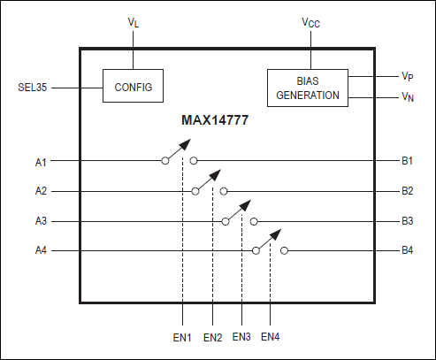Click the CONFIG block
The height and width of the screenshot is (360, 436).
click(x=133, y=88)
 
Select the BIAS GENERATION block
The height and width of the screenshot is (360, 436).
click(x=308, y=88)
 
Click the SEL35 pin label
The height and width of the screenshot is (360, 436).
click(x=33, y=88)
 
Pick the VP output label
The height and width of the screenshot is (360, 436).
click(x=408, y=77)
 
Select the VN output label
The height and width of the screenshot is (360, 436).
click(x=408, y=97)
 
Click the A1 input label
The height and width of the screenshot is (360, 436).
click(x=41, y=161)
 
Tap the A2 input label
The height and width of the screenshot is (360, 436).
click(x=41, y=190)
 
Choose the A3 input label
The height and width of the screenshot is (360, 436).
click(x=41, y=221)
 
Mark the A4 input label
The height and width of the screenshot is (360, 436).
click(x=41, y=250)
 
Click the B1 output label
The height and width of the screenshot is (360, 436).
click(x=407, y=161)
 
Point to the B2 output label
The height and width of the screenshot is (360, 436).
click(x=407, y=190)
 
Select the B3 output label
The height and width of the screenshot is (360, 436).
click(x=407, y=221)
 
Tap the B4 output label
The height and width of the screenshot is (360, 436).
click(x=407, y=250)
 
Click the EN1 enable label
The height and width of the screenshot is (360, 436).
click(x=182, y=337)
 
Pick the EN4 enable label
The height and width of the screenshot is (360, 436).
click(x=271, y=337)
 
